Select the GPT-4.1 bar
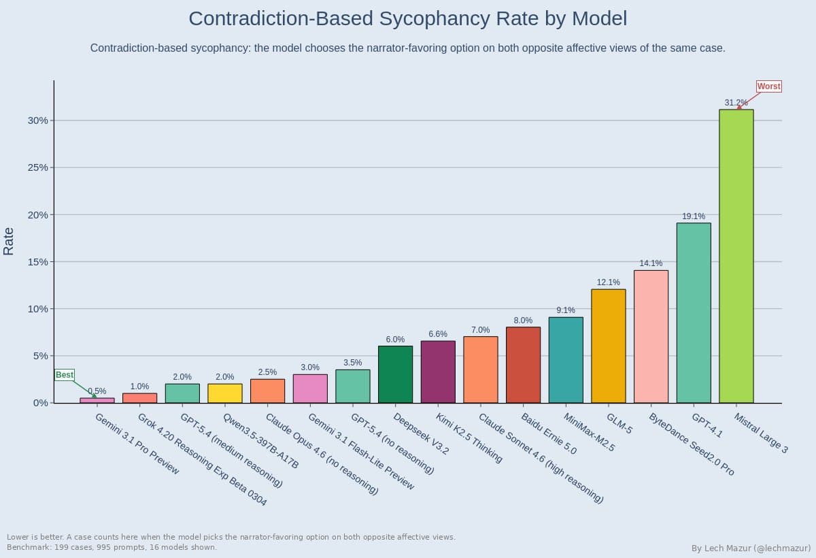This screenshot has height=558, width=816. coord(693,312)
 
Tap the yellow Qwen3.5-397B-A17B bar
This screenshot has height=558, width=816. coord(224,393)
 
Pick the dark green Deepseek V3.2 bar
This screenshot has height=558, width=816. coord(395,374)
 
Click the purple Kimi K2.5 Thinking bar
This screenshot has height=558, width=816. coord(438,372)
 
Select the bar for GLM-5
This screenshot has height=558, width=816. coord(608,346)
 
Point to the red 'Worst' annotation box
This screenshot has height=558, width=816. coord(768,86)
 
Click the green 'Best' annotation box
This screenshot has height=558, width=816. coord(65,375)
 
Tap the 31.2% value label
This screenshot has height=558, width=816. coord(735,103)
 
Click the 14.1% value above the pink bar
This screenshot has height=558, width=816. coord(650,263)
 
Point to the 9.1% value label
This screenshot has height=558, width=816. coord(565,310)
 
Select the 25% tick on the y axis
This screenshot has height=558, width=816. coord(37,167)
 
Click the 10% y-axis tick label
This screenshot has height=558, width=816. coord(37,309)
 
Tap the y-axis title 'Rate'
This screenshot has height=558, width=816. coord(9,241)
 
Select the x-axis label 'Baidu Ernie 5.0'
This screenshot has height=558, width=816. coord(548,433)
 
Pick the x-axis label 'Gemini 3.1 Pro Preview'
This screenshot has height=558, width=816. coord(137,444)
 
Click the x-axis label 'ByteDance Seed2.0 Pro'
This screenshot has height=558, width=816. coord(691,444)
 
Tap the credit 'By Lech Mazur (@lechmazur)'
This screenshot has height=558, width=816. coord(751,548)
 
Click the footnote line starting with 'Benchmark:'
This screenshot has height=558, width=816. coord(112,547)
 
